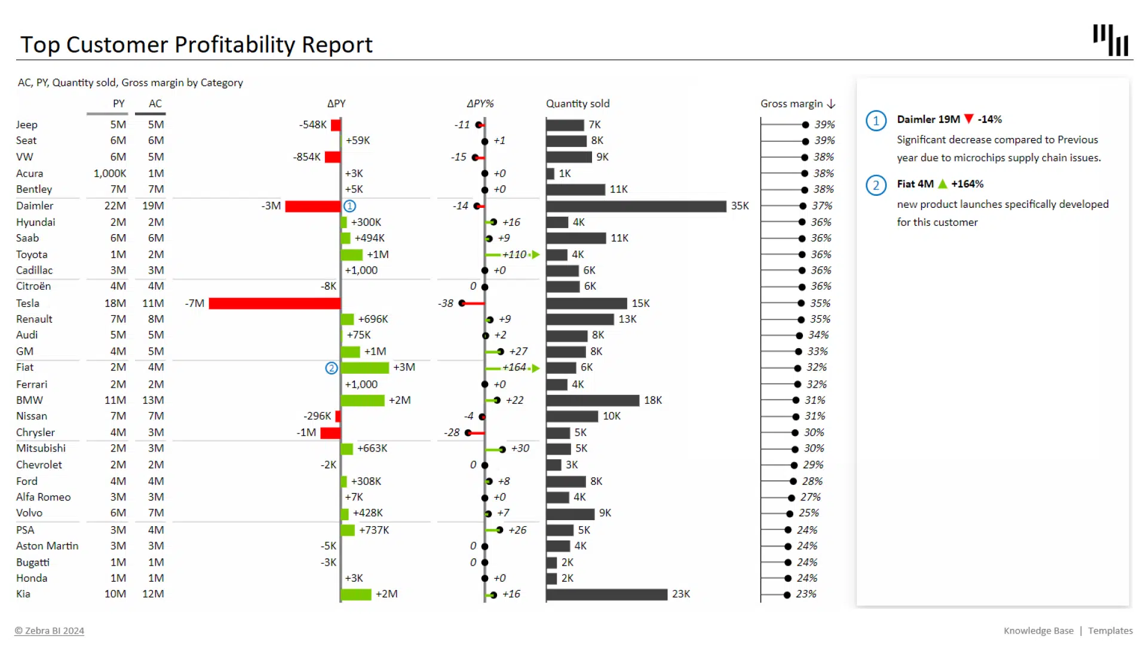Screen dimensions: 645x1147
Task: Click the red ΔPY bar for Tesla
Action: click(x=274, y=303)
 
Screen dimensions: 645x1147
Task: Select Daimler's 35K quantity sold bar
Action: click(x=636, y=206)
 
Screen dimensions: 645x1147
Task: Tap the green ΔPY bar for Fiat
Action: click(x=364, y=368)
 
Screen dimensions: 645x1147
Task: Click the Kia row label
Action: click(x=23, y=594)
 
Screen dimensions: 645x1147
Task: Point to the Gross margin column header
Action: click(x=792, y=104)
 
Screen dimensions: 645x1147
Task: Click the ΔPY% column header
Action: click(x=480, y=104)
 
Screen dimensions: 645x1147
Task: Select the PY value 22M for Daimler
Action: click(x=115, y=206)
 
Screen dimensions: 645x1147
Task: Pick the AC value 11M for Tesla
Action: click(x=153, y=303)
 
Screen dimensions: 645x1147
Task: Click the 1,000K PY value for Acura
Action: click(x=110, y=174)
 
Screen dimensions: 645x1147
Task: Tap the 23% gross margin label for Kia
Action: click(x=806, y=594)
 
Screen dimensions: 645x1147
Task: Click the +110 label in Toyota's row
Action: click(x=514, y=254)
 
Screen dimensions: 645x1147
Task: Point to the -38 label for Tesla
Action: click(x=446, y=303)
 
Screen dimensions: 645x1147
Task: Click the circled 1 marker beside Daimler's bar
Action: click(x=350, y=206)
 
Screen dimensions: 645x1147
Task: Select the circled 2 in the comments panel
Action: click(x=876, y=185)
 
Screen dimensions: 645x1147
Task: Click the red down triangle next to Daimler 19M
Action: click(x=969, y=119)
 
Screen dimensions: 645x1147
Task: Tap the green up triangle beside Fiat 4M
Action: click(x=943, y=184)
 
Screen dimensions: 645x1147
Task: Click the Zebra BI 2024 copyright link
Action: click(x=50, y=631)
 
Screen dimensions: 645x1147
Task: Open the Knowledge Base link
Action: click(x=1038, y=631)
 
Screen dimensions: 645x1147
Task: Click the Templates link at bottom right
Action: click(x=1110, y=631)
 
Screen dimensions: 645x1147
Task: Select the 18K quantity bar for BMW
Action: click(x=593, y=400)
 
